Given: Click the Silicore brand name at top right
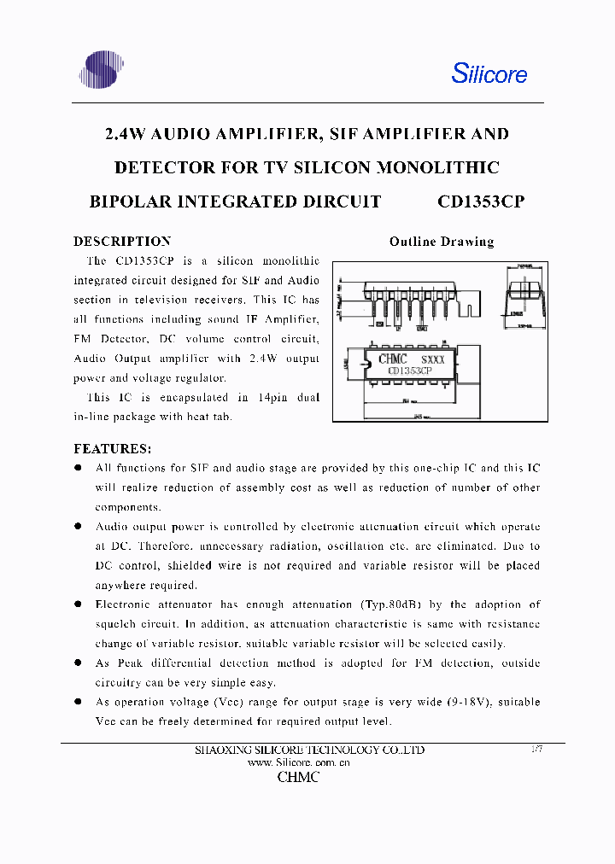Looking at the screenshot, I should tap(489, 73).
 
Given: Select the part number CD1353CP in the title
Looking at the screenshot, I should tap(480, 201).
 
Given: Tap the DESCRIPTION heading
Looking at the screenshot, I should tap(122, 242).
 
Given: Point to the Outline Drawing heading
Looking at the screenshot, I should tap(441, 242).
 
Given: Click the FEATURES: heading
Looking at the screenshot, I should tap(113, 448).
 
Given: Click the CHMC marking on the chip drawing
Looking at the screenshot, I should tap(392, 359).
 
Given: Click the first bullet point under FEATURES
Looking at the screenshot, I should tap(78, 468).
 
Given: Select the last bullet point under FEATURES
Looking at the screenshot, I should tap(78, 702).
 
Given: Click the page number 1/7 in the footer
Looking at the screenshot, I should tap(536, 749).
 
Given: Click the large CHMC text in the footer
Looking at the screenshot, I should tap(298, 778).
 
